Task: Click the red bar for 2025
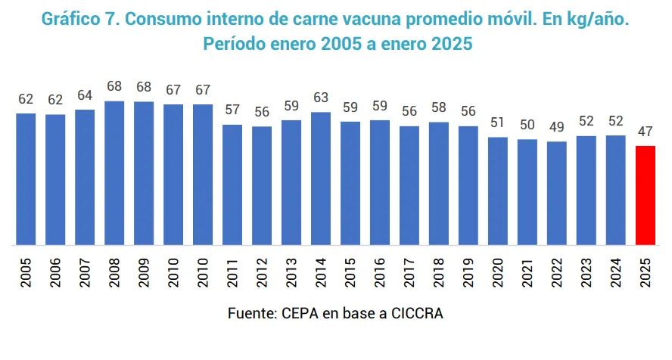point(646,195)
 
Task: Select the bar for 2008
point(114,173)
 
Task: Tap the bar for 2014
point(321,178)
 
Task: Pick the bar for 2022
point(557,193)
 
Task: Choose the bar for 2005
point(26,179)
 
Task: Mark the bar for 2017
point(409,185)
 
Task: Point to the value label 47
point(646,132)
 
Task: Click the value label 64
point(85,95)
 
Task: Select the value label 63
point(321,98)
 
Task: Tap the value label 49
point(557,127)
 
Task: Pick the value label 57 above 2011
point(232,110)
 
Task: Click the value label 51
point(498,123)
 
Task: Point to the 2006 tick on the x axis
point(56,270)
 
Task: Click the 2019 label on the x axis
point(469,270)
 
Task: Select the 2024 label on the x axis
point(617,270)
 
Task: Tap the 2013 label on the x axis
point(292,270)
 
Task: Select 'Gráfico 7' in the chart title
point(82,17)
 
